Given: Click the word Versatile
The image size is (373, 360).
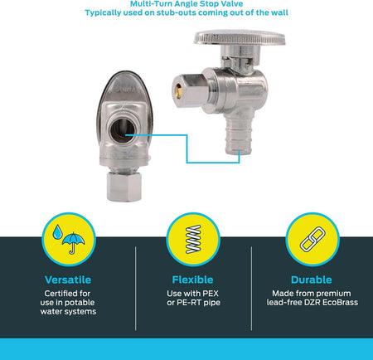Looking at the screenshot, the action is (68, 280).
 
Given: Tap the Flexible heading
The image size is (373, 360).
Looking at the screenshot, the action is (192, 280).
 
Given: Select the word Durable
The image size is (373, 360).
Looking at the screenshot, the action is (312, 280).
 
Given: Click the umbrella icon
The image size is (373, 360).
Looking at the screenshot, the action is (74, 242).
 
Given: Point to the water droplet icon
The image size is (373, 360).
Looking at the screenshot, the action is (57, 231).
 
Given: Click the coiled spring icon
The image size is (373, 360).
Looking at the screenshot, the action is (193, 239).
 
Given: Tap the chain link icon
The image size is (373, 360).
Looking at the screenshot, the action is (312, 239).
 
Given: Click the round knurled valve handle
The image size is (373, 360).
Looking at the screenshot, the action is (240, 37).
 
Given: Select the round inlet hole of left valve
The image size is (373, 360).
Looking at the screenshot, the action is (122, 130).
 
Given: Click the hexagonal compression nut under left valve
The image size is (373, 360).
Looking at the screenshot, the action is (124, 187).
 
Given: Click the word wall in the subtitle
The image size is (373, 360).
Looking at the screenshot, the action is (279, 12).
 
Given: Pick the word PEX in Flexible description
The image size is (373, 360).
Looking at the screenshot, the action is (211, 293).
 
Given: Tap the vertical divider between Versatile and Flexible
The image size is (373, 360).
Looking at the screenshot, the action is (136, 289).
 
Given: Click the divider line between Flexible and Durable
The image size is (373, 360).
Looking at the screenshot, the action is (251, 289).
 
